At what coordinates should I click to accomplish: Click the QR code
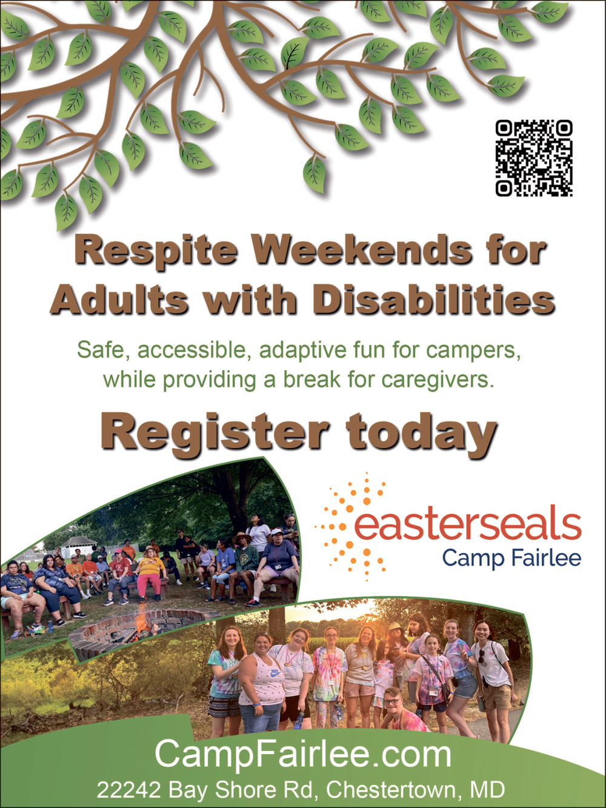tap(534, 158)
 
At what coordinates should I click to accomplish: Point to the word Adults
tap(119, 300)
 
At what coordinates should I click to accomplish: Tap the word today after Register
tap(422, 433)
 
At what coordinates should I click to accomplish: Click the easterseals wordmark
tap(467, 526)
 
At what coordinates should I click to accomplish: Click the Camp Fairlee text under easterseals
tap(511, 558)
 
